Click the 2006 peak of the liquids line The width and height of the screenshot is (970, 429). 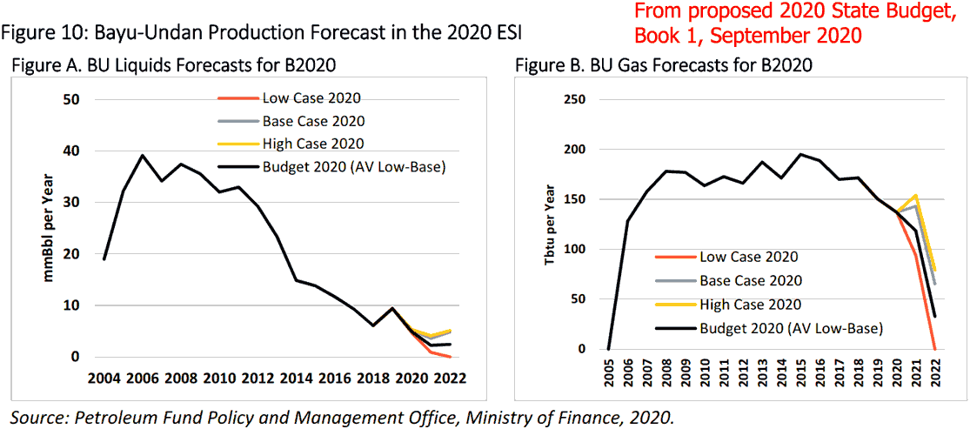pyautogui.click(x=143, y=156)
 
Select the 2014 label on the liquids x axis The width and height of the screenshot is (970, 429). pyautogui.click(x=300, y=378)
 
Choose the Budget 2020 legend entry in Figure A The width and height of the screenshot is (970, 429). pyautogui.click(x=331, y=167)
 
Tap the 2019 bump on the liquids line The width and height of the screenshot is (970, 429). pyautogui.click(x=391, y=308)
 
